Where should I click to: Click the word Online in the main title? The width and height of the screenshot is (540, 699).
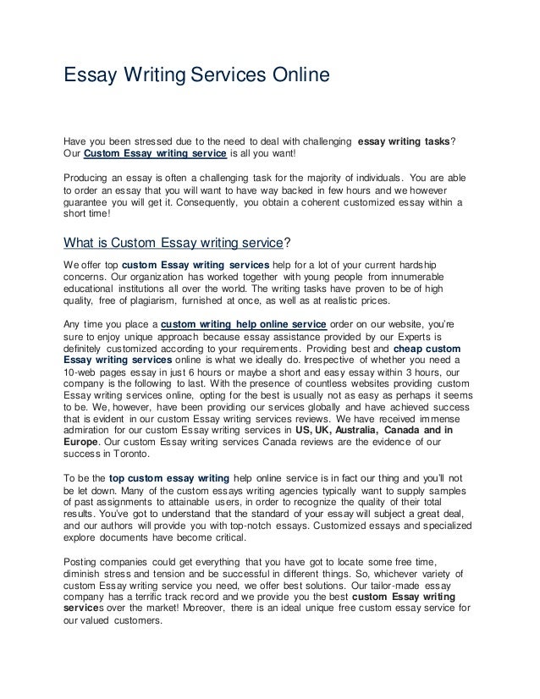[293, 77]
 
